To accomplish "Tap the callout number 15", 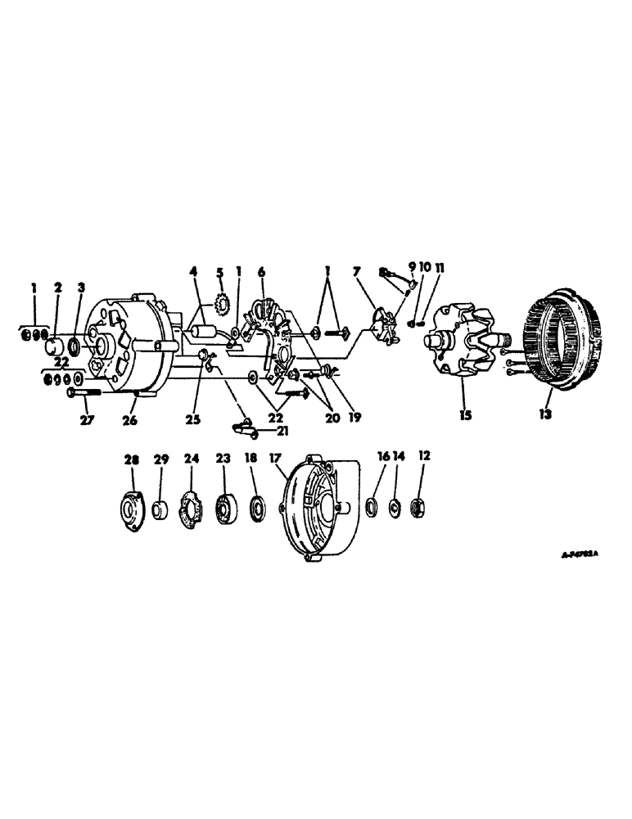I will pos(465,415).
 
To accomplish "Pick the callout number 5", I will pos(219,272).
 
